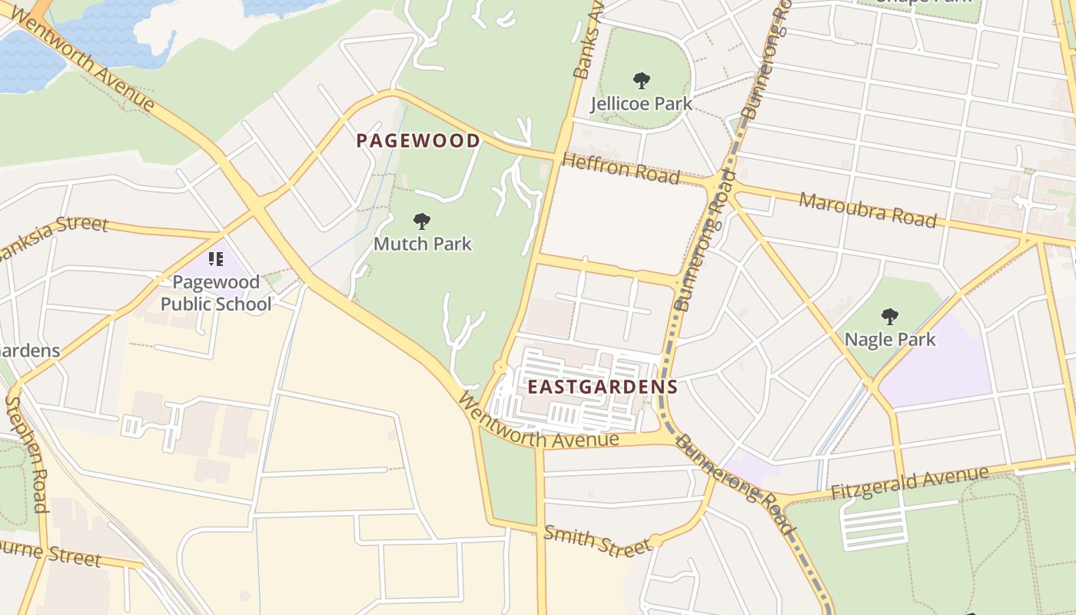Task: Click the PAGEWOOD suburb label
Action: [x=419, y=141]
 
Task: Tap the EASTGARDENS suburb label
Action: [x=602, y=387]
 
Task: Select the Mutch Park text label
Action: [x=423, y=244]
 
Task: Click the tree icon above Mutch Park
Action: [x=421, y=222]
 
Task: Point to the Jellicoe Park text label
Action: [x=641, y=103]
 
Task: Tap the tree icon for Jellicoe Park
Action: [x=641, y=80]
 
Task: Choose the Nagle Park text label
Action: [x=890, y=339]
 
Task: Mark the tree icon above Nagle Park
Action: [x=890, y=316]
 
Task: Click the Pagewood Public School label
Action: [x=216, y=293]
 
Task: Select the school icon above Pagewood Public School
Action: [x=216, y=259]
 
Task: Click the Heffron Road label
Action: [x=621, y=168]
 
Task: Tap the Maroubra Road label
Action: [x=868, y=210]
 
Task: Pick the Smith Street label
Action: [x=597, y=540]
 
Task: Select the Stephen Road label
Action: [x=27, y=454]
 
